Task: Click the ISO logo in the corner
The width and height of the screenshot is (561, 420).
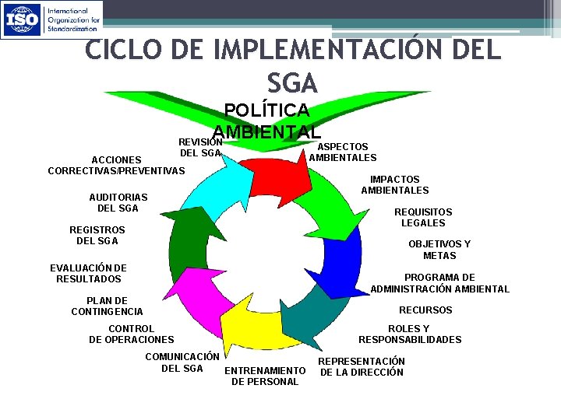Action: (x=51, y=19)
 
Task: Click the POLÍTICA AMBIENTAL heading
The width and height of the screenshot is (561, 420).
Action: (x=266, y=121)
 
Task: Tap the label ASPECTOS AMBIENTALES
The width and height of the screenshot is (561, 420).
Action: (x=342, y=152)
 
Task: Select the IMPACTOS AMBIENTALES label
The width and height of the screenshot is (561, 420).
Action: (x=394, y=184)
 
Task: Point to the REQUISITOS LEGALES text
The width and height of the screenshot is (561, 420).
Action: (x=423, y=217)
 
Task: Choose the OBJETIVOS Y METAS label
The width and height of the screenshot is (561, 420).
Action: (x=439, y=250)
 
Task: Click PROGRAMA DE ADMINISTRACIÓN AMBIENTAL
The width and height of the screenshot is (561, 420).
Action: (x=439, y=283)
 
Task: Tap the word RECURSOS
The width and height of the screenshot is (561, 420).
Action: (x=425, y=310)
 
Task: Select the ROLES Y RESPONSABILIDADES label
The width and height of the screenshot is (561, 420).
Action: (x=410, y=334)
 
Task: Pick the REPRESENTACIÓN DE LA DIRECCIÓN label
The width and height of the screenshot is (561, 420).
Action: (x=362, y=366)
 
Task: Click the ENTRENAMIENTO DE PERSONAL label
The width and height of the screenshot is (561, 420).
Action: (x=265, y=376)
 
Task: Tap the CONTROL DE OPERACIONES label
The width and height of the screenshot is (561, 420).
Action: (x=132, y=334)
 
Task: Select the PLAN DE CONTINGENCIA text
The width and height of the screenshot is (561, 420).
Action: (x=107, y=306)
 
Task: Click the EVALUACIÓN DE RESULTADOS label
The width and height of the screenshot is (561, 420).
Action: (x=88, y=273)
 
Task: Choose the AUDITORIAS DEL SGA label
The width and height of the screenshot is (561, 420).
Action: (x=118, y=202)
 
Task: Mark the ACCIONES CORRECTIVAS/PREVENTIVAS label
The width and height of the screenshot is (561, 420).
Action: (x=116, y=165)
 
